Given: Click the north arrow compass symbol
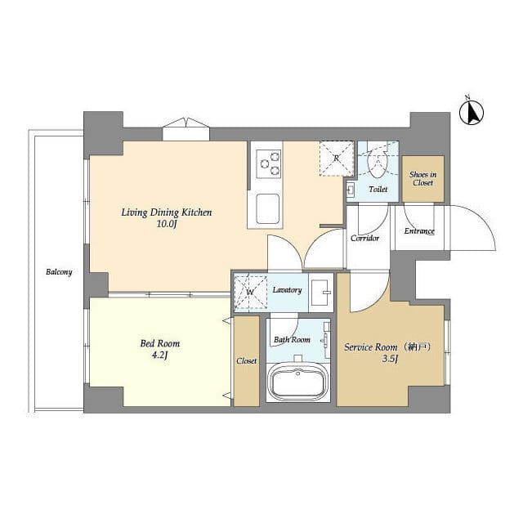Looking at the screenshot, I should point(472,112).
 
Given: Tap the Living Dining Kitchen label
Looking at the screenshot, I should point(167,212).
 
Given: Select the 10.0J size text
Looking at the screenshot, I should point(167,225).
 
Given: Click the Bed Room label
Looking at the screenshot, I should point(160,344).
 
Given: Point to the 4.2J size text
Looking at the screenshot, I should point(160,356).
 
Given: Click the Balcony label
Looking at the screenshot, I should point(59,272).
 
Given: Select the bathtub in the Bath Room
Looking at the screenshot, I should point(298,382).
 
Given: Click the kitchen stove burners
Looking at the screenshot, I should point(269,165).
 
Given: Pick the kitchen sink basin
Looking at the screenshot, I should point(269,208).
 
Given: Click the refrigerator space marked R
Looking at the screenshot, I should point(335,159).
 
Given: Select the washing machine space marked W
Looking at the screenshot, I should point(250,290).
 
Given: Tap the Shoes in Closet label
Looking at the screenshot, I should point(423,179).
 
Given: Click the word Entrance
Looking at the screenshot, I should point(419,231).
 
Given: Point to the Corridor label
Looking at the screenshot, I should point(365,239).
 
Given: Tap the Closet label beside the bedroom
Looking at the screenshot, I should point(246,360).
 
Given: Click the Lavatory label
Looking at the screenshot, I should point(287,290).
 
